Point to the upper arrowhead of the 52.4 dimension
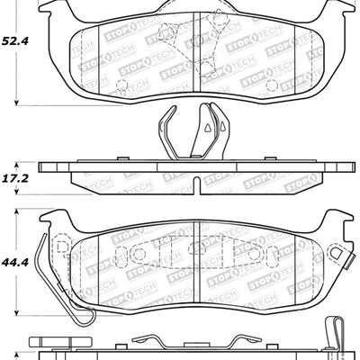pyautogui.click(x=40, y=4)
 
